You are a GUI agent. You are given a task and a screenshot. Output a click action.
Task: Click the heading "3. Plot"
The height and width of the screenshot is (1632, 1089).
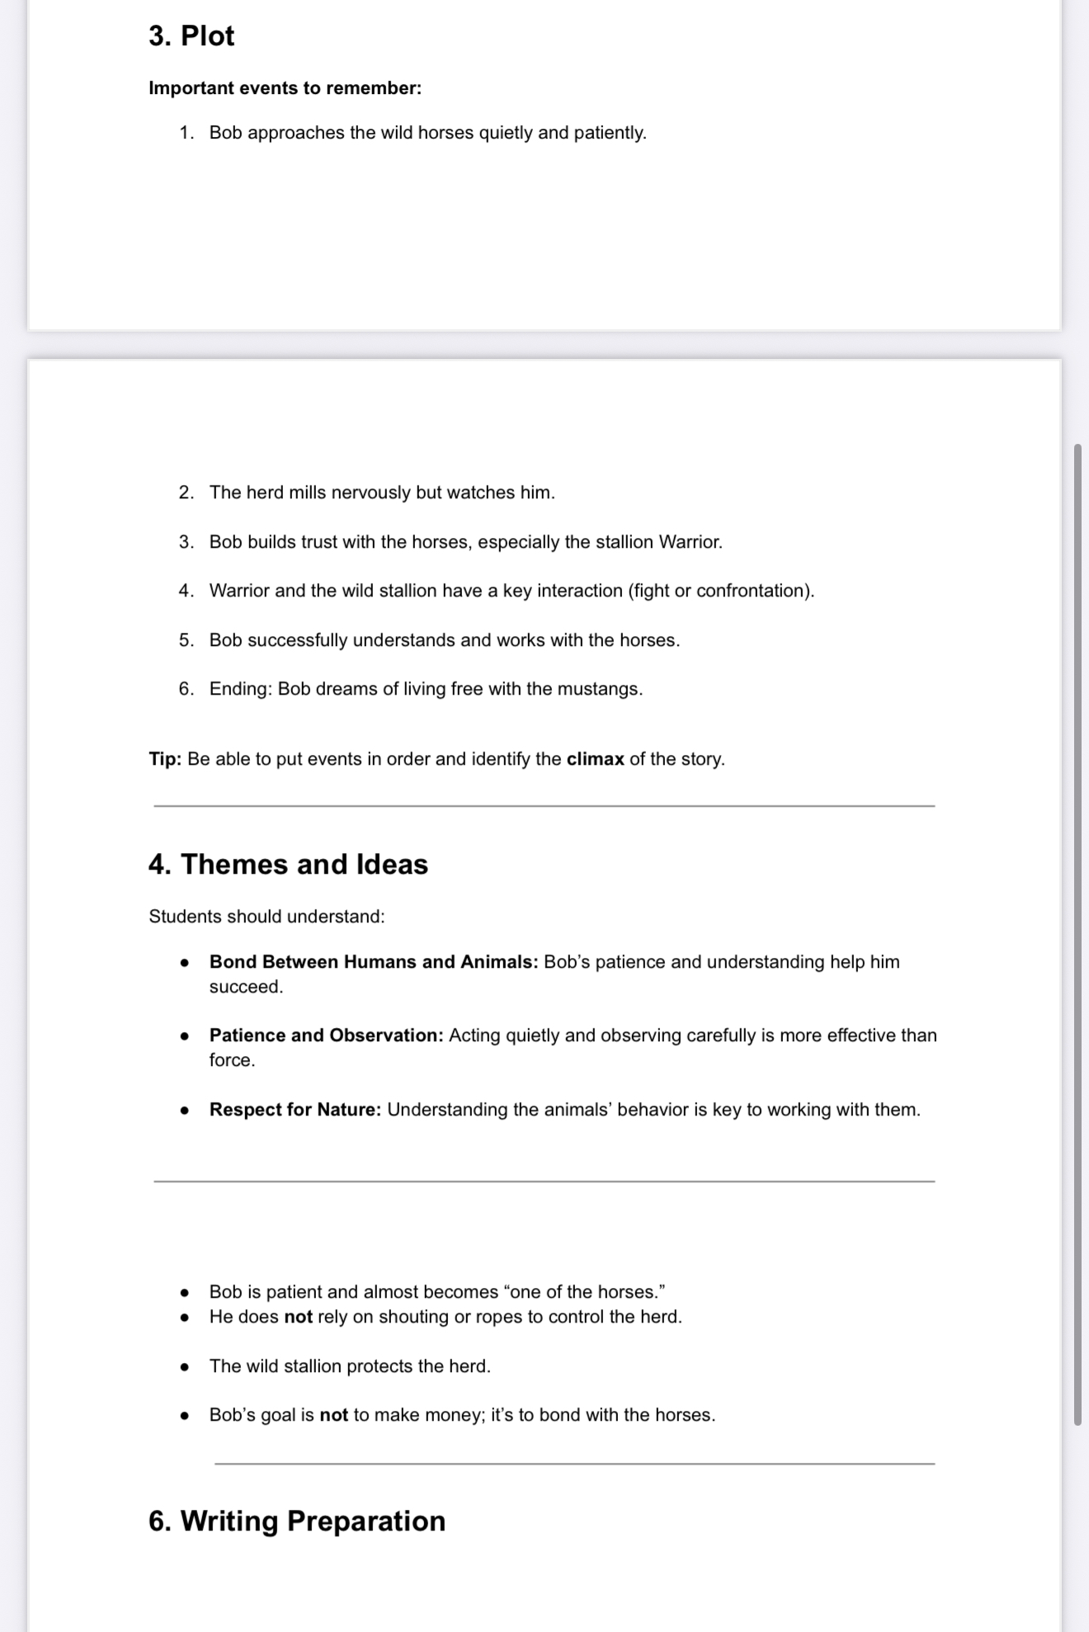pos(191,36)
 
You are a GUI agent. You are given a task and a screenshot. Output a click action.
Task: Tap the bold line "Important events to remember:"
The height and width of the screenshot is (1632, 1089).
pos(285,88)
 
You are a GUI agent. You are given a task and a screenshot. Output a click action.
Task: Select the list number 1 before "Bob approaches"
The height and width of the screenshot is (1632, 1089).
pos(186,133)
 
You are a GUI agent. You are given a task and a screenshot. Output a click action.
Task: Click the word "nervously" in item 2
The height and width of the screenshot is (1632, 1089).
pos(370,493)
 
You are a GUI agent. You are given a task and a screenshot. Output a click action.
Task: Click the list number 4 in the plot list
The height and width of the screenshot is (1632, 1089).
pos(186,591)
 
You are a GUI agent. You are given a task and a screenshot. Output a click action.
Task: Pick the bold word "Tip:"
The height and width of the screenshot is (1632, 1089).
pos(165,759)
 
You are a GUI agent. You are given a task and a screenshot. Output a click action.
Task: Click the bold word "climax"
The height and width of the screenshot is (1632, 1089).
pos(595,759)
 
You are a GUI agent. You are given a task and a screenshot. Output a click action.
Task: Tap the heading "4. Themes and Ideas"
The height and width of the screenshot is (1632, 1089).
pos(288,865)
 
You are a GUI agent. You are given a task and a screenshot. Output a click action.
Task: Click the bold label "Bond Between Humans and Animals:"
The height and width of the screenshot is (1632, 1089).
pos(374,962)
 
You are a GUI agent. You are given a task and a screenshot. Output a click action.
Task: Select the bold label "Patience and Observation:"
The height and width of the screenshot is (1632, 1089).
pos(326,1035)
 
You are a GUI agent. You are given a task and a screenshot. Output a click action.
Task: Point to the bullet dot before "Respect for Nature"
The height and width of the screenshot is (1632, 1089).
pos(185,1111)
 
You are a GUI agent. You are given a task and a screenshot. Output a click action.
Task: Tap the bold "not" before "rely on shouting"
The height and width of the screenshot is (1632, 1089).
pos(298,1317)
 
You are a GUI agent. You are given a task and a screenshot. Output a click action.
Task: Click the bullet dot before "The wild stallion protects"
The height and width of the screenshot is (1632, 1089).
pos(185,1367)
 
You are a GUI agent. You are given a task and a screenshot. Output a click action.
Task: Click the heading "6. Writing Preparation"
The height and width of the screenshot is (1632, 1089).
pos(296,1521)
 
